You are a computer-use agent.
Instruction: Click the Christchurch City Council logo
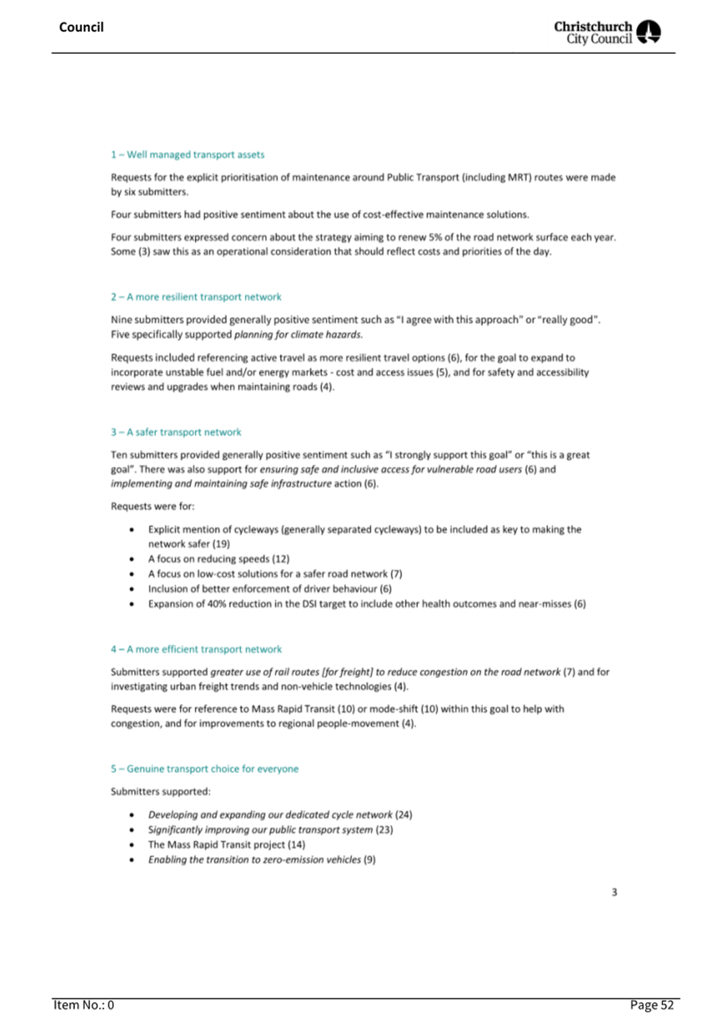[607, 32]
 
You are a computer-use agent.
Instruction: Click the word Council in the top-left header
[81, 27]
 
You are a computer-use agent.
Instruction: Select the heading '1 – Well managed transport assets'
[187, 154]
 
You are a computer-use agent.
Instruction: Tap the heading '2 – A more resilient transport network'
[196, 297]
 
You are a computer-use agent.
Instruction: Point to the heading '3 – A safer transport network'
[176, 432]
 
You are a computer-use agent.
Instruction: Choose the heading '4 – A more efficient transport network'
[196, 649]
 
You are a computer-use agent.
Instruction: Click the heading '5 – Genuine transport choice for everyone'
[205, 769]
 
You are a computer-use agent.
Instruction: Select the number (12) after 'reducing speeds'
[281, 559]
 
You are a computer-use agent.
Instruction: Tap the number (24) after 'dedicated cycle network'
[404, 815]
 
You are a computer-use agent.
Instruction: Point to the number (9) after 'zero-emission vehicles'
[369, 860]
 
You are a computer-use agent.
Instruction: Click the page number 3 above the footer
[614, 892]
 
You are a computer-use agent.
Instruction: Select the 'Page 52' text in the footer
[652, 1005]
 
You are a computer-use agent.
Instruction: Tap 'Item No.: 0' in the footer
[83, 1005]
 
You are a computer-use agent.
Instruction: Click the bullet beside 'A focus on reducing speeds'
[131, 559]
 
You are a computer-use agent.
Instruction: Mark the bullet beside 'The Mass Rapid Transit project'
[131, 845]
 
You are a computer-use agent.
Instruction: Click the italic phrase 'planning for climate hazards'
[298, 335]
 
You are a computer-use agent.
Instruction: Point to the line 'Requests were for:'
[152, 506]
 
